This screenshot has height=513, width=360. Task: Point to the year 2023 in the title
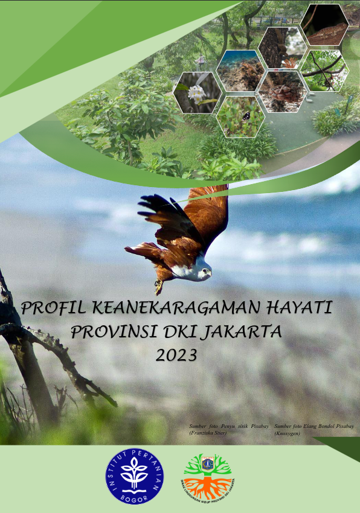click(x=176, y=355)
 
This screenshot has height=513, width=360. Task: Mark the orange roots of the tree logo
click(x=207, y=486)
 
